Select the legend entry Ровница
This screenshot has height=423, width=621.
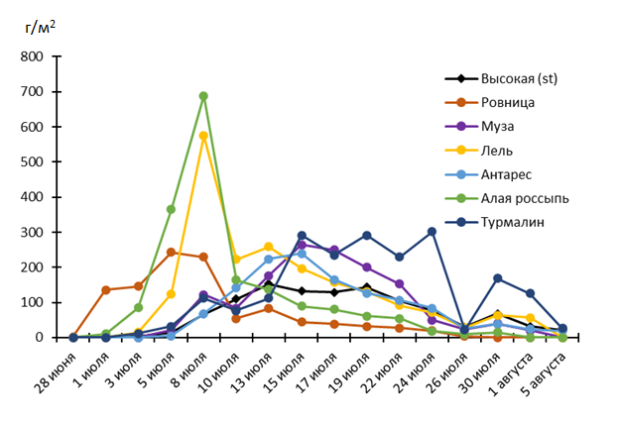508,102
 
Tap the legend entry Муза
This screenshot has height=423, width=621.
499,126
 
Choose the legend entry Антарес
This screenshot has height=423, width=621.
506,173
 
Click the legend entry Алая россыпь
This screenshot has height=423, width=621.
525,198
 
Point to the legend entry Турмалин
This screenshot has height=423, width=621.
511,222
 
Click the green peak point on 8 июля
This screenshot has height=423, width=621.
203,96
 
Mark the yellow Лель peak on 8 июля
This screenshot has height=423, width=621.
203,136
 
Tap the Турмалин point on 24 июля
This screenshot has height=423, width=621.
432,232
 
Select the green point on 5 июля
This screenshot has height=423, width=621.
171,209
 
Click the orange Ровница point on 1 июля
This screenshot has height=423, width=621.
106,289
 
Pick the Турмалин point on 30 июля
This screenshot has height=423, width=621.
497,278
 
